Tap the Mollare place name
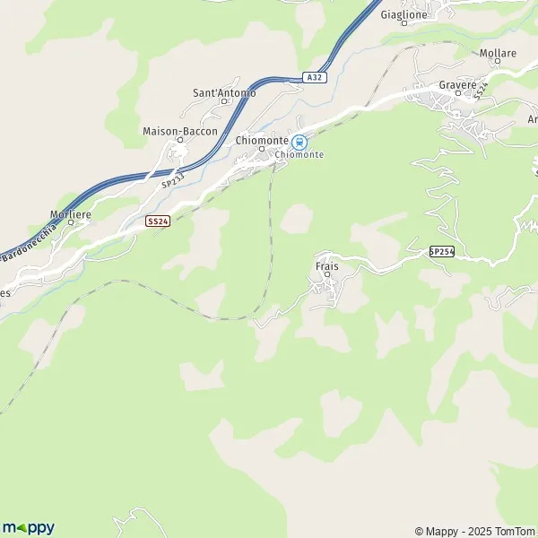click(x=498, y=54)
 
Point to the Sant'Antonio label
click(x=225, y=92)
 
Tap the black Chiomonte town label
click(x=261, y=141)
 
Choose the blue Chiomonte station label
click(x=299, y=154)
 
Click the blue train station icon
click(x=299, y=141)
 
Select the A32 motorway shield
click(x=314, y=78)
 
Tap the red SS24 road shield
click(x=158, y=221)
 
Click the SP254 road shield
click(x=441, y=252)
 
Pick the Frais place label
click(x=326, y=266)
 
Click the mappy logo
click(x=29, y=527)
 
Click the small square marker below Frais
click(x=326, y=274)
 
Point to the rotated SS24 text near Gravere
click(x=482, y=91)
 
